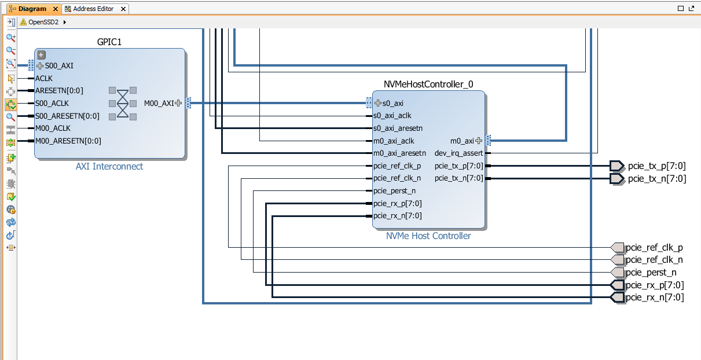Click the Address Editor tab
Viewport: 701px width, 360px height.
click(x=93, y=9)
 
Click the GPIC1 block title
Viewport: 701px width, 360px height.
click(x=109, y=42)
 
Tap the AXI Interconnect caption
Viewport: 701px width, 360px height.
click(x=109, y=167)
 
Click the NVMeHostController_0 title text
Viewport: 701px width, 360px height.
click(x=428, y=85)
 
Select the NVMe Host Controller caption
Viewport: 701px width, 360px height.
click(x=428, y=236)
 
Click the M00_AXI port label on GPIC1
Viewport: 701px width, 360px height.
click(x=159, y=104)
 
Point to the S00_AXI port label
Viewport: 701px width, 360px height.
click(x=59, y=66)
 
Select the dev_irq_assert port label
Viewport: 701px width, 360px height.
click(x=458, y=153)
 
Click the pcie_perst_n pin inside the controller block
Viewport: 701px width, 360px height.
click(x=394, y=191)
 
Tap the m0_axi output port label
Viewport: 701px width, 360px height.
click(x=462, y=141)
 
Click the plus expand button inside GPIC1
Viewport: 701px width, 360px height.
click(x=41, y=55)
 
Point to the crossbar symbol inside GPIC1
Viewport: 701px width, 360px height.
click(x=123, y=104)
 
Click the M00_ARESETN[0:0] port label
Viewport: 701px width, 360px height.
click(x=67, y=141)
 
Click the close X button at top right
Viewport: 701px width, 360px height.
click(x=693, y=9)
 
